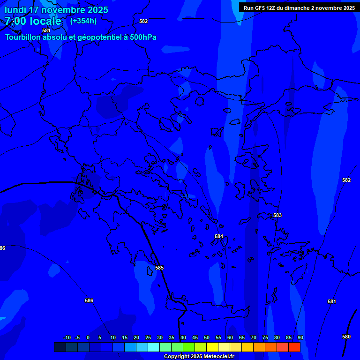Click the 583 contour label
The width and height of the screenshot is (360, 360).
coord(277,215)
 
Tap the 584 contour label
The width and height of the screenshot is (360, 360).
coord(219,236)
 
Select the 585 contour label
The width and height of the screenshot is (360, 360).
coord(159,268)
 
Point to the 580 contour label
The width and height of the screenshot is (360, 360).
coord(346,337)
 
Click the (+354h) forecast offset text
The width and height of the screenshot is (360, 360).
coord(83,21)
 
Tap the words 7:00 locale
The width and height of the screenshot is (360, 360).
coord(33,21)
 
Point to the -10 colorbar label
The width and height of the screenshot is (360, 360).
coord(67,337)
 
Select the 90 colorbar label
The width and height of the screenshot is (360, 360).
coord(300,337)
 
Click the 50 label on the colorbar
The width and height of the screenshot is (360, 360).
coord(207,337)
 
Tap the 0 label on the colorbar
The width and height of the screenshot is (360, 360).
coord(88,337)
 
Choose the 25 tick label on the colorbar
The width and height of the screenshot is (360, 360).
coord(148,337)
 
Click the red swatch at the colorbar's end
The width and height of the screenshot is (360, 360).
coord(294,347)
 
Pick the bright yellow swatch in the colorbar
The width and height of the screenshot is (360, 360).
coord(212,347)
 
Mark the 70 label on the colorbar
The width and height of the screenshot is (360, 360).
coord(254,337)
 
